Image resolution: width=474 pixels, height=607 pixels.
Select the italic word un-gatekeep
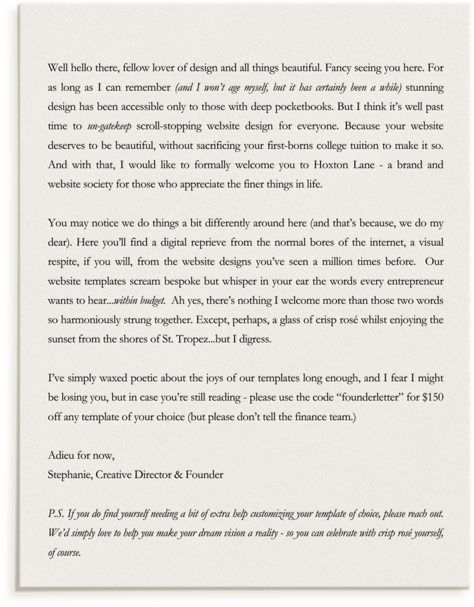110,126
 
